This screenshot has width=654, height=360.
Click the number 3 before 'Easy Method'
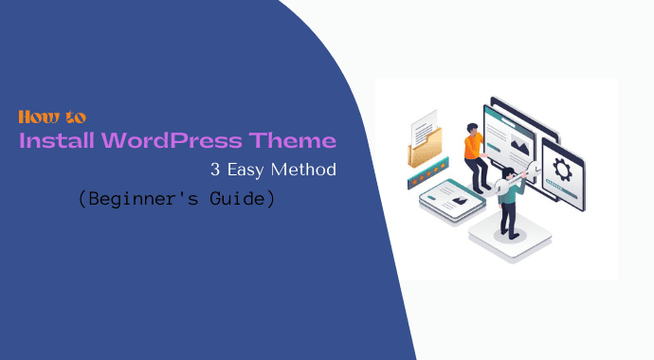(214, 171)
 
